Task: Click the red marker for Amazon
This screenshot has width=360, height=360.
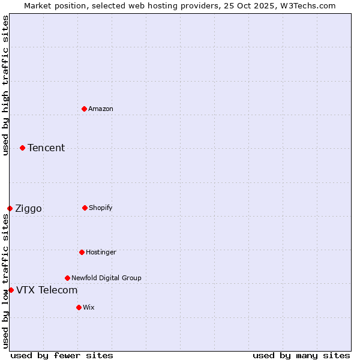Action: (84, 109)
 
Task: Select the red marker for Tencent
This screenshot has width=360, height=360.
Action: (22, 148)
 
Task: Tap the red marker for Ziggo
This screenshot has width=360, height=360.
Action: (10, 208)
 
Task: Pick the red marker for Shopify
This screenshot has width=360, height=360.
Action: (85, 208)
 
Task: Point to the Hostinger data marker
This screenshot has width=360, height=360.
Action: (82, 252)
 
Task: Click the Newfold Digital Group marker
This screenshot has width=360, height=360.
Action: (67, 278)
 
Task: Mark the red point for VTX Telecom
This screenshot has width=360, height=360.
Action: (11, 290)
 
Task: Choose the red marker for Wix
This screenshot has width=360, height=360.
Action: (79, 307)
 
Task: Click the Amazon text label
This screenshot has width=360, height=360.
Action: (101, 109)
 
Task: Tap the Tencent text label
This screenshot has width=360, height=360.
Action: (46, 148)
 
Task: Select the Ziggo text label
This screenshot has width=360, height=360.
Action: (28, 208)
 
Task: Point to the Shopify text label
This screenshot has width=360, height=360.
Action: (101, 208)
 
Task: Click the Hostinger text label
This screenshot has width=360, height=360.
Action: (101, 252)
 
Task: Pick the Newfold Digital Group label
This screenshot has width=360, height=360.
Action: (106, 278)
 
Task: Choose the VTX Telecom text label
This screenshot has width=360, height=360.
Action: (47, 290)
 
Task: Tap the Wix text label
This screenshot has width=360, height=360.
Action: (89, 307)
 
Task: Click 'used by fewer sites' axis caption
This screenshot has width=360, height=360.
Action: (62, 355)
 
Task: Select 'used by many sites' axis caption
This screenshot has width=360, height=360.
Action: (301, 355)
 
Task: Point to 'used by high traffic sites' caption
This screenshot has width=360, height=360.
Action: (5, 85)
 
